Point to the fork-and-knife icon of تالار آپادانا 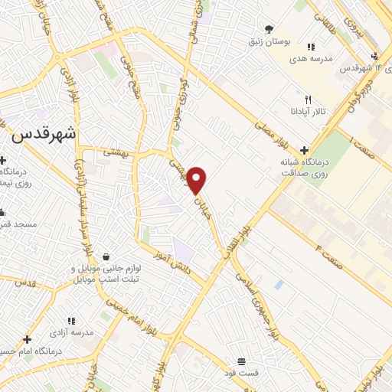308,100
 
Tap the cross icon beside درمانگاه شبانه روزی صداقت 305,150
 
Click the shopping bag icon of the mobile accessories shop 105,256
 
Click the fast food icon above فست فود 241,361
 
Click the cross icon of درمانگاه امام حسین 27,338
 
